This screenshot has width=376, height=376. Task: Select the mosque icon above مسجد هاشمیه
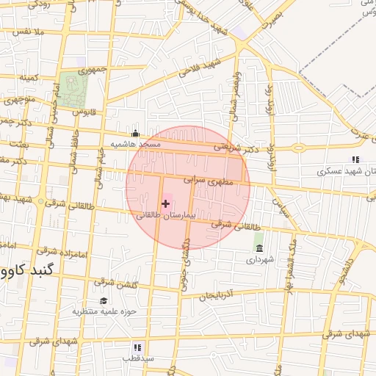tap(135, 134)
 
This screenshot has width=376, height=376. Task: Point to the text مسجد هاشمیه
tap(135, 145)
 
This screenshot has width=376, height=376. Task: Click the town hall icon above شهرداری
tap(258, 247)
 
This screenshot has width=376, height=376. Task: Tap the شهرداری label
tap(258, 259)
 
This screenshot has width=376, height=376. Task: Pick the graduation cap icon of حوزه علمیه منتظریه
tap(103, 300)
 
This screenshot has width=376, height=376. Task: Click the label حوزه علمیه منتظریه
tap(106, 311)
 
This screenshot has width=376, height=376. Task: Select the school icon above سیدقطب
tap(137, 347)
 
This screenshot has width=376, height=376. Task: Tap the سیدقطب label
tap(137, 358)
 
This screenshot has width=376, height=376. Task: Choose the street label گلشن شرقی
tap(114, 282)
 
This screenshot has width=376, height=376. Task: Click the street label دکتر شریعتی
tap(237, 148)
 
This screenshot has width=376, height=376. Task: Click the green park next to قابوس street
tap(73, 88)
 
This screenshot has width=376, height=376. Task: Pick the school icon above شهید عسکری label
tap(355, 159)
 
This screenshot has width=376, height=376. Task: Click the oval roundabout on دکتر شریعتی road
tap(298, 148)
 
